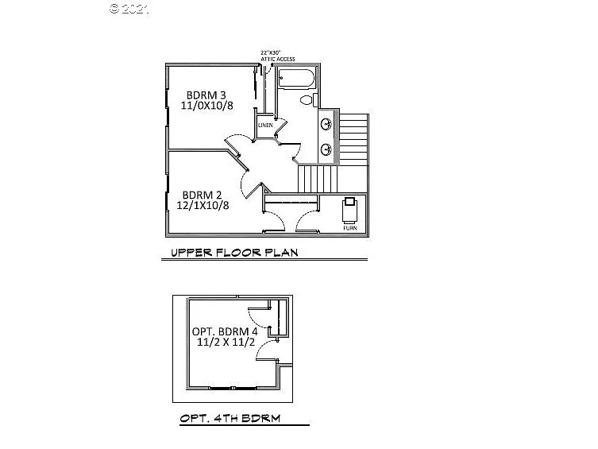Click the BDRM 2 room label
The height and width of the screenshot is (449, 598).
pyautogui.click(x=203, y=195)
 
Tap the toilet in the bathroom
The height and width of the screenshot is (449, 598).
pyautogui.click(x=307, y=101)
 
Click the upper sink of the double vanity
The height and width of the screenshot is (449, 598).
pyautogui.click(x=326, y=124)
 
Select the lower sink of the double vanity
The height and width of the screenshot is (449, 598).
pyautogui.click(x=326, y=149)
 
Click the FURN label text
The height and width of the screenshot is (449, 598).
pyautogui.click(x=350, y=228)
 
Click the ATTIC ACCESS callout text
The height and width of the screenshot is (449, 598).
pyautogui.click(x=278, y=60)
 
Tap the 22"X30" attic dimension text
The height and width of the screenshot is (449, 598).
pyautogui.click(x=271, y=53)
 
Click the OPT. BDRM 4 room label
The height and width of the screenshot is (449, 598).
pyautogui.click(x=224, y=332)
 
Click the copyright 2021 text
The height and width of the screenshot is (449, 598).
pyautogui.click(x=128, y=10)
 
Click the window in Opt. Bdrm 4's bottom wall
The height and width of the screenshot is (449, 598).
pyautogui.click(x=232, y=387)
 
